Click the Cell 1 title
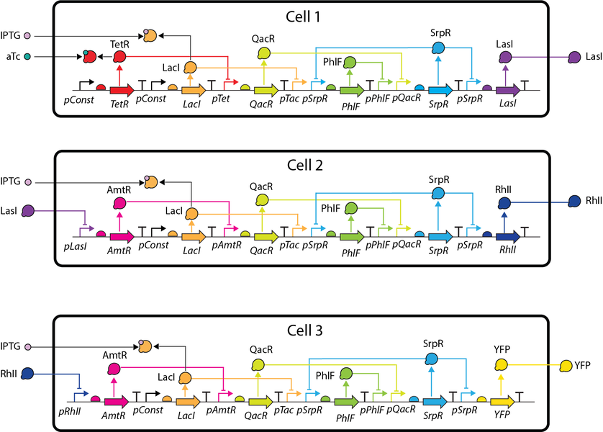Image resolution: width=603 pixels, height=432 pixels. [303, 17]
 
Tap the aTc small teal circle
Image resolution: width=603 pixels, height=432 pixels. [27, 57]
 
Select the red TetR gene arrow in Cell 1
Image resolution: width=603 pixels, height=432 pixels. [122, 91]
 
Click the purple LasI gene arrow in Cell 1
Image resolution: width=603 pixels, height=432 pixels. [507, 91]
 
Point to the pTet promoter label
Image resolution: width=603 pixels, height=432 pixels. [221, 99]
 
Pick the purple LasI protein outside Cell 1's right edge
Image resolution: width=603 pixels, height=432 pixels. [574, 58]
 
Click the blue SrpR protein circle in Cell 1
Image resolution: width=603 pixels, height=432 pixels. [438, 48]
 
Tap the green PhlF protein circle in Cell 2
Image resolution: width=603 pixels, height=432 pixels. [350, 209]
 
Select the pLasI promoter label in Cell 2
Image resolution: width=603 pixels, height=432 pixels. [75, 246]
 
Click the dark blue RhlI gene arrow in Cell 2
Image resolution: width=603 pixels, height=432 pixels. [507, 237]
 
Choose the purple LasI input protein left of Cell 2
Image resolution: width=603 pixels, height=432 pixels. [28, 211]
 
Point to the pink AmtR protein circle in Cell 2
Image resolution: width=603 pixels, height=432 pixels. [120, 202]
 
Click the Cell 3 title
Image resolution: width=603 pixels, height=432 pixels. [304, 330]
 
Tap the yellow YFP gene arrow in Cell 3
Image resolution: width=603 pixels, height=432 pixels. [502, 402]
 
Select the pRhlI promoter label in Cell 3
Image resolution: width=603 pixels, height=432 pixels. [70, 412]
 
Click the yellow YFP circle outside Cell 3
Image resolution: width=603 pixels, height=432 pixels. [566, 366]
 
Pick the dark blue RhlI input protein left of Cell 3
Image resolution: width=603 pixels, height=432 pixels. [27, 374]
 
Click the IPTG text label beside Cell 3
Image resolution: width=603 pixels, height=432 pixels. [10, 346]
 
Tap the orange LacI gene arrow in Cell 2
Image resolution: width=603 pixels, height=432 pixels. [194, 237]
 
